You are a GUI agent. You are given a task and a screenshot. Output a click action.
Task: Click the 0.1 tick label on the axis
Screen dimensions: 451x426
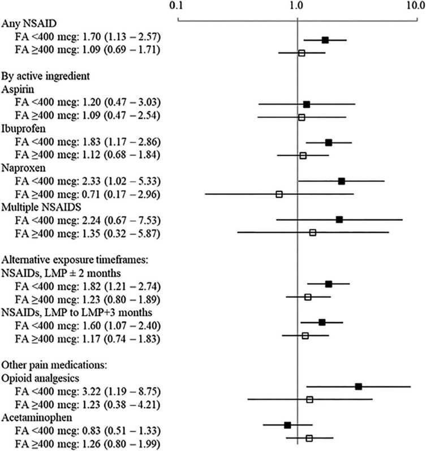tap(178, 7)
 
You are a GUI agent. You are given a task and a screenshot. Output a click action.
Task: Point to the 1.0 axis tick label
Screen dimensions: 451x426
tap(297, 7)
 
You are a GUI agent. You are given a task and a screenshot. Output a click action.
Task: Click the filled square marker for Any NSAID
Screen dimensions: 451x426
tap(325, 40)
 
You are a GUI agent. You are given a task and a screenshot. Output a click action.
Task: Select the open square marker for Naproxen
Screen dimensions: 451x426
tap(279, 194)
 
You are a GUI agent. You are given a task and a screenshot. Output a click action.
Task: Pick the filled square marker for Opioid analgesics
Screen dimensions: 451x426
tap(359, 387)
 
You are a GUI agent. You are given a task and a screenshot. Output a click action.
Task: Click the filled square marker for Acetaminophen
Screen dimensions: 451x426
tap(287, 425)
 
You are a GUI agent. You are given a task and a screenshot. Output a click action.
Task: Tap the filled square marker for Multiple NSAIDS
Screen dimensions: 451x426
tap(339, 219)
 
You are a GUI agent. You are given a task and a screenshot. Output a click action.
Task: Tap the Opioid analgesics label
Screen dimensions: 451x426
tap(37, 376)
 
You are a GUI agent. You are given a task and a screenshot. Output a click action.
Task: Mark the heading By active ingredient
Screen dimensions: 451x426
tap(40, 76)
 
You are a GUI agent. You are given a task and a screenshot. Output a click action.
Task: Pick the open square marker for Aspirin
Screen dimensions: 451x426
tap(302, 117)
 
